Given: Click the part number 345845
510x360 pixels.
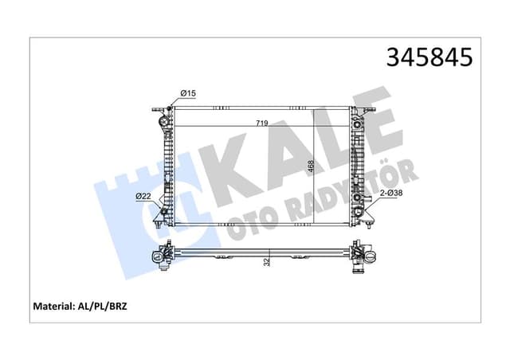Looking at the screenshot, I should [430, 58].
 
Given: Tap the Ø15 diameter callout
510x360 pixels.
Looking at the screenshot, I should [188, 95].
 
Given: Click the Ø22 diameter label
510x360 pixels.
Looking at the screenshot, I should [144, 197].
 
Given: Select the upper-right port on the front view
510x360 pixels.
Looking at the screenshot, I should [357, 123].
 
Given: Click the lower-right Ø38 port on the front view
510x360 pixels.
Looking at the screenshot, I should [358, 198].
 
